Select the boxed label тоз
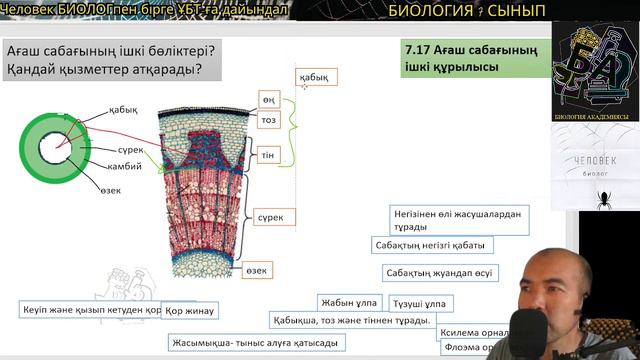coord(268,120)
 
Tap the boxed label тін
coord(268,156)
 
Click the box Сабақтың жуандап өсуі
coord(441,273)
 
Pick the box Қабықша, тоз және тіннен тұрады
coord(351,321)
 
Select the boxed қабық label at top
coord(316,76)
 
